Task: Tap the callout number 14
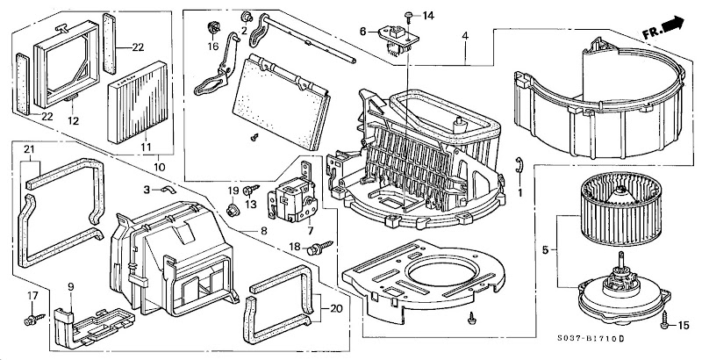(428, 16)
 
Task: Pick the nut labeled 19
(232, 210)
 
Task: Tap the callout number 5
(545, 250)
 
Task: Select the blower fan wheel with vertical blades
(620, 210)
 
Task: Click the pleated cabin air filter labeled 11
(137, 103)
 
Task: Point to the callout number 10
(160, 168)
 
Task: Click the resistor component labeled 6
(398, 40)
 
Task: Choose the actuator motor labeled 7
(293, 195)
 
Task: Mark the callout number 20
(336, 308)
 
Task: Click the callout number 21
(29, 149)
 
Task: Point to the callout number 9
(71, 287)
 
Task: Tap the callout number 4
(466, 35)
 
